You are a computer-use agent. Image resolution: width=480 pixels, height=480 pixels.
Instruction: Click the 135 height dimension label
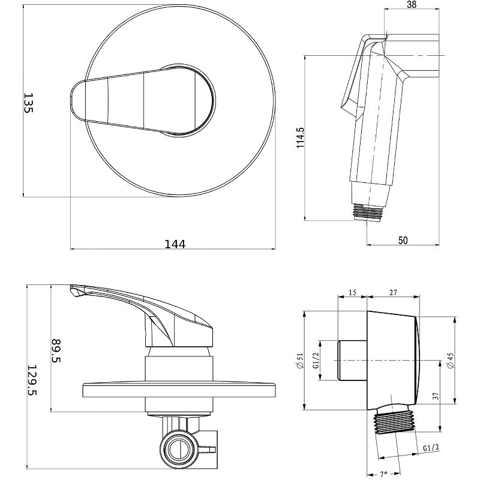(x=28, y=103)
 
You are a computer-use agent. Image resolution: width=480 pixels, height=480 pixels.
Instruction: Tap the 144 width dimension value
(x=175, y=244)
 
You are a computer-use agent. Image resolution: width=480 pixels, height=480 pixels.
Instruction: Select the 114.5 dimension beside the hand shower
(x=301, y=138)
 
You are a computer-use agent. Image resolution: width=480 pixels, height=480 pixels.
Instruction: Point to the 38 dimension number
(x=412, y=4)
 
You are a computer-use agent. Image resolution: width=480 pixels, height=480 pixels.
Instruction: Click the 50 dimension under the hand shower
(x=403, y=241)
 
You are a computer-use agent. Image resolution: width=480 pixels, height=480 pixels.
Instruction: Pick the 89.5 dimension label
(x=56, y=350)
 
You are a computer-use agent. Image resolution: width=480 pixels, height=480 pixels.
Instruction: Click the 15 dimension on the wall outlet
(x=352, y=292)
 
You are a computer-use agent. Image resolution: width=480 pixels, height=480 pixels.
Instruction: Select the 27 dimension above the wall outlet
(x=393, y=292)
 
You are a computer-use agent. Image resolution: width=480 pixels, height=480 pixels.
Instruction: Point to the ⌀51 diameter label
(x=301, y=361)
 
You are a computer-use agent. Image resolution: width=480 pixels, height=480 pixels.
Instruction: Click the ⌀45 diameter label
(x=451, y=361)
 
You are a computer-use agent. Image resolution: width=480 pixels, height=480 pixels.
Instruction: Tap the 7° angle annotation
(x=383, y=474)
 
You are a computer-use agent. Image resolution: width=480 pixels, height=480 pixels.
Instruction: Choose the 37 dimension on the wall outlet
(x=436, y=396)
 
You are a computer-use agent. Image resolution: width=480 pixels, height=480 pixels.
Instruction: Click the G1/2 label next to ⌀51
(x=316, y=360)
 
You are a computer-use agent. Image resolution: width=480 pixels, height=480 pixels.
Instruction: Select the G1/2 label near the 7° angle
(x=431, y=448)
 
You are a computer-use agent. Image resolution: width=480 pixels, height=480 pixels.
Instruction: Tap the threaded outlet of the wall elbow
(x=395, y=422)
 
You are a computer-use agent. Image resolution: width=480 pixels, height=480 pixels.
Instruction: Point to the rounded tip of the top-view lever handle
(x=73, y=98)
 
